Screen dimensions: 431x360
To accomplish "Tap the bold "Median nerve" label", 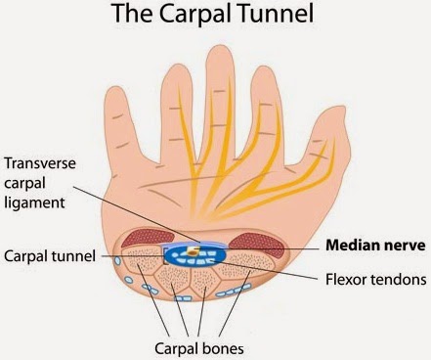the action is (x=375, y=246).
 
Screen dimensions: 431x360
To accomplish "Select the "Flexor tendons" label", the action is (x=376, y=280).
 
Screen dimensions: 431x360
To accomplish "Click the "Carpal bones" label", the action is (x=199, y=348).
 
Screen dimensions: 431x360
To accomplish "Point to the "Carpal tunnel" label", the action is (x=50, y=256).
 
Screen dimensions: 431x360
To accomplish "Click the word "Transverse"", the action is (x=40, y=163).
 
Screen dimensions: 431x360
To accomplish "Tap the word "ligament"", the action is (x=34, y=203).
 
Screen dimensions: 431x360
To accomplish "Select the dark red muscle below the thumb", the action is (x=256, y=244).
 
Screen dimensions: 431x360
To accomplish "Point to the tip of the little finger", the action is (x=114, y=88).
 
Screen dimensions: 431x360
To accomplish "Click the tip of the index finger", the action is (x=262, y=67).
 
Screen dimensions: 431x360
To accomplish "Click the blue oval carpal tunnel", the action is (x=194, y=256).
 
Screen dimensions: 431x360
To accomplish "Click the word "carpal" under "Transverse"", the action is (x=24, y=184).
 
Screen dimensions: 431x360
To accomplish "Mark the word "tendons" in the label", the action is (x=398, y=280).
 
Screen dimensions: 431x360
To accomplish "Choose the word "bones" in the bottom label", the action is (x=223, y=348).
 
